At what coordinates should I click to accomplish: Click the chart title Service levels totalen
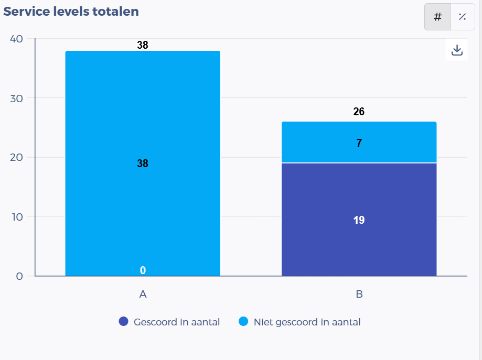pyautogui.click(x=71, y=12)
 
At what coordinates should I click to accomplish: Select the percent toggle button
pyautogui.click(x=462, y=17)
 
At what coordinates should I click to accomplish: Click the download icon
pyautogui.click(x=457, y=50)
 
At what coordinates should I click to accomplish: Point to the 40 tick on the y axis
pyautogui.click(x=16, y=39)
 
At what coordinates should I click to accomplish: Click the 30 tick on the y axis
pyautogui.click(x=16, y=98)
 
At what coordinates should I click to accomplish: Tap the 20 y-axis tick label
pyautogui.click(x=16, y=157)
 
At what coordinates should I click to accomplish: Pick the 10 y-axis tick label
pyautogui.click(x=16, y=216)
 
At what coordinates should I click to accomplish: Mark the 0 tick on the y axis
pyautogui.click(x=19, y=276)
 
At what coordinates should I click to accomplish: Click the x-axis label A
pyautogui.click(x=143, y=294)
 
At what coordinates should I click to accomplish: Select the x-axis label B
pyautogui.click(x=359, y=294)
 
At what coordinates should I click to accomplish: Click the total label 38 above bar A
pyautogui.click(x=143, y=45)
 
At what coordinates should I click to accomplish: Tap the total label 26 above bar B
pyautogui.click(x=359, y=112)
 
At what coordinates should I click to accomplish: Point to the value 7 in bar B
pyautogui.click(x=359, y=143)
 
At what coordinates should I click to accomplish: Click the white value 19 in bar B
pyautogui.click(x=359, y=220)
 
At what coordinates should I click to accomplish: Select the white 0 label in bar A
pyautogui.click(x=143, y=270)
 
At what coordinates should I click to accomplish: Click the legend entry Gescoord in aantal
pyautogui.click(x=169, y=322)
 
